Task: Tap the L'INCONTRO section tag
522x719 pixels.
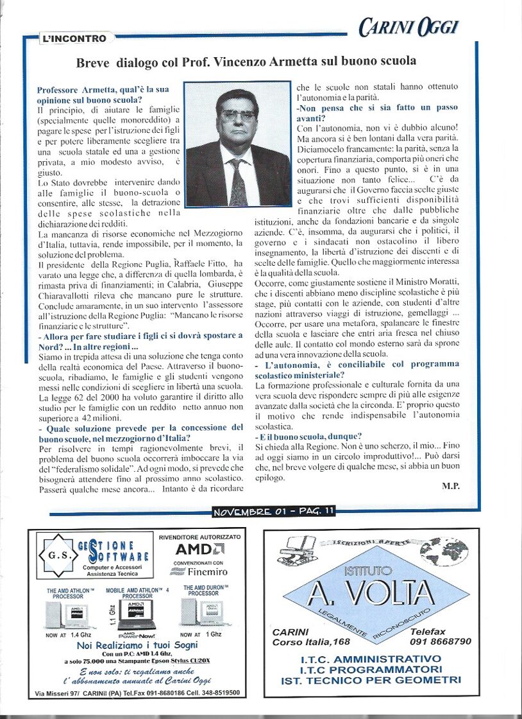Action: tap(74, 39)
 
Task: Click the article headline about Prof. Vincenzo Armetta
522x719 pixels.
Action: tap(246, 62)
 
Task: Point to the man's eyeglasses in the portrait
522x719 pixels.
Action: tap(237, 116)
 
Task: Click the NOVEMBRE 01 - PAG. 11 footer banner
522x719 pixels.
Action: tap(274, 512)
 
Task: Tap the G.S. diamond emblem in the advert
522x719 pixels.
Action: tap(54, 554)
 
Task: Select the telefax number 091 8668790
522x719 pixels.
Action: tap(441, 641)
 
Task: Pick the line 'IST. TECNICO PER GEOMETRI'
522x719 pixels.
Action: tap(371, 679)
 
